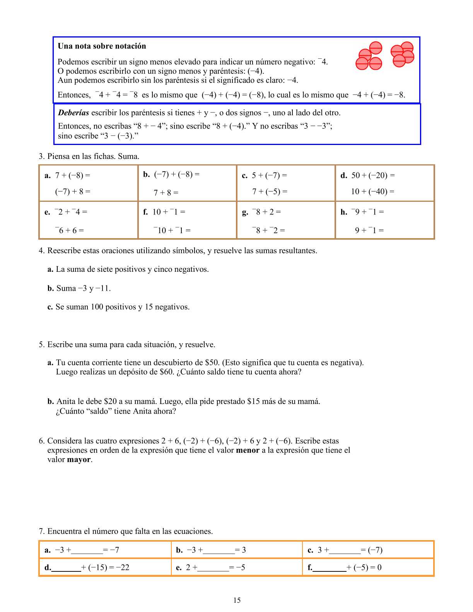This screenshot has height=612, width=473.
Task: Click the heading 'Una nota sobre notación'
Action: coord(102,46)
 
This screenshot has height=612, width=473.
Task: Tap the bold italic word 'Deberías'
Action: coord(73,113)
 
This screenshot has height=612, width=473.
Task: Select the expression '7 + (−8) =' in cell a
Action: coord(73,176)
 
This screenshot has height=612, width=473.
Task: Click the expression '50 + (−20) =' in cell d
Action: coord(373,176)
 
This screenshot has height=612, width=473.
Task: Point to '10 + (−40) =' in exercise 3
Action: coord(372,191)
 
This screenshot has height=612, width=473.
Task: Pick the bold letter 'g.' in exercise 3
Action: coord(245,212)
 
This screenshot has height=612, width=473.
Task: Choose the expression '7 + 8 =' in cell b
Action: coord(166,193)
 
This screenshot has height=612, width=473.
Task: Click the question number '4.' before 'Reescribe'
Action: coord(42,251)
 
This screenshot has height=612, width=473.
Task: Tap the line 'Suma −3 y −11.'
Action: coord(83,288)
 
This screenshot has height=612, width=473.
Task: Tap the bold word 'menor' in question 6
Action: coord(248,450)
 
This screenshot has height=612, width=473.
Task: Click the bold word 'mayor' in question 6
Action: coord(79,460)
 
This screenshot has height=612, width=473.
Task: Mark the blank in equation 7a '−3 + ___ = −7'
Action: coord(87,551)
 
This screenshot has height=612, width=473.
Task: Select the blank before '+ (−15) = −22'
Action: coord(66,568)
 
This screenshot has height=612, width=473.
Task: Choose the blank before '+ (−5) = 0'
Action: coord(330,568)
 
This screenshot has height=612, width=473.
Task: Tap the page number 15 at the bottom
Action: coord(237,600)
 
